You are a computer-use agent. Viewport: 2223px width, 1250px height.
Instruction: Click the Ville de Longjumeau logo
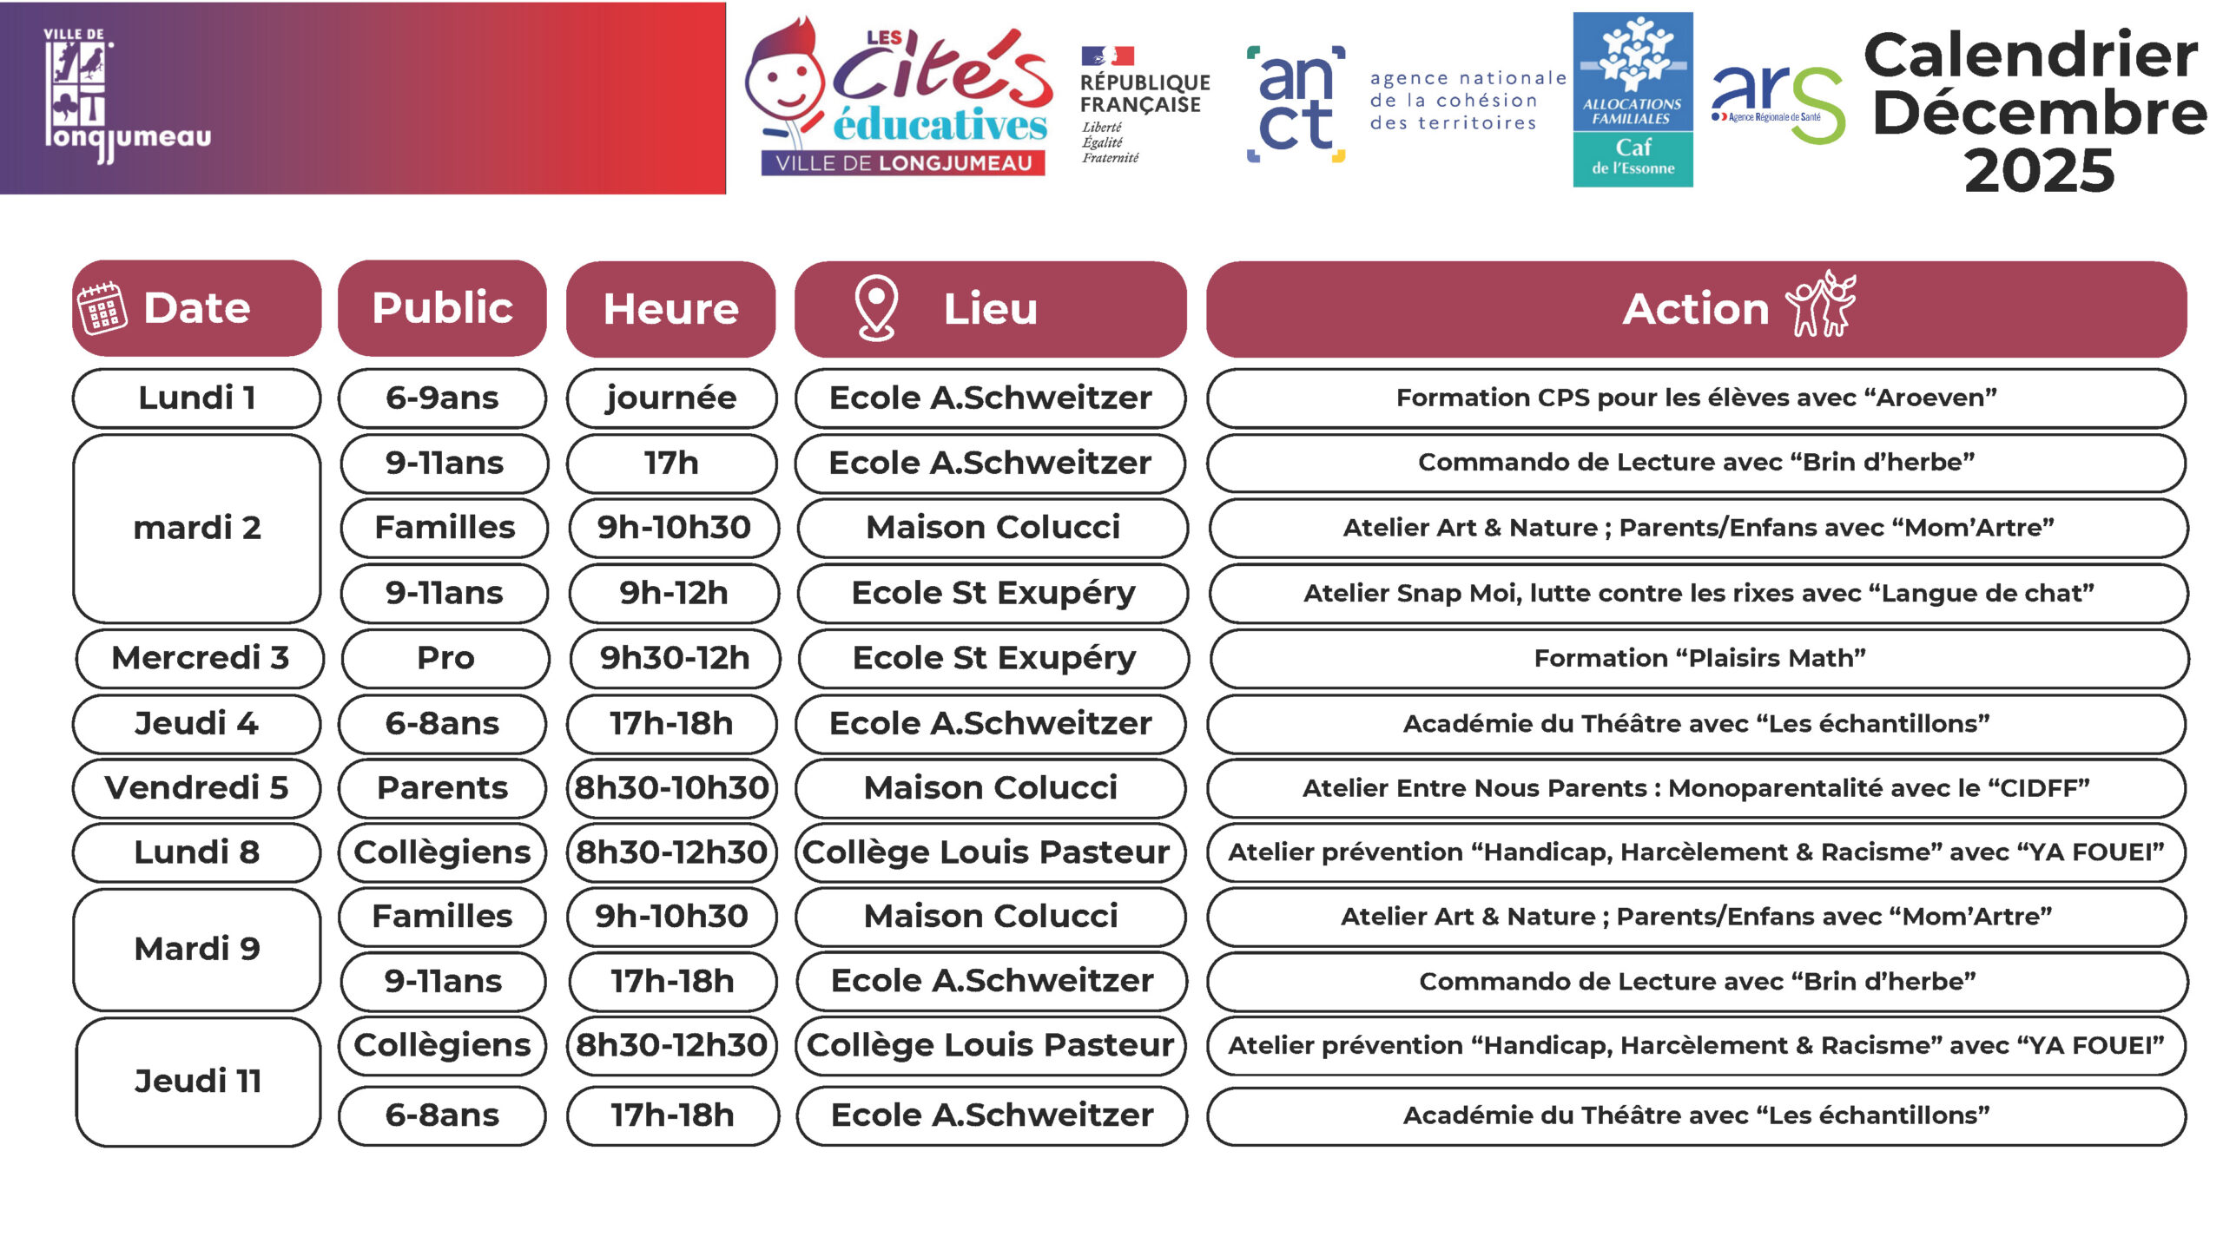pyautogui.click(x=127, y=95)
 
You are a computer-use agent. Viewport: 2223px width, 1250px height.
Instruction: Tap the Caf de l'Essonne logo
pyautogui.click(x=1633, y=100)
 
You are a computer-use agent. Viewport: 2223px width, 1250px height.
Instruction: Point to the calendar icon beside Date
pyautogui.click(x=102, y=308)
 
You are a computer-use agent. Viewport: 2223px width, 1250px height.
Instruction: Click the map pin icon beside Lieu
pyautogui.click(x=876, y=308)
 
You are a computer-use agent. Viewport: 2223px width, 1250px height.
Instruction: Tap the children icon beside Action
pyautogui.click(x=1821, y=304)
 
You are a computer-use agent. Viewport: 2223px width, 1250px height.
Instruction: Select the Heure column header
pyautogui.click(x=670, y=309)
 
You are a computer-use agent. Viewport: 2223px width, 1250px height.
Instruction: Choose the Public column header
pyautogui.click(x=442, y=308)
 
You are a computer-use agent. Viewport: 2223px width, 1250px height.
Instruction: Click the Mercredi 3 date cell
pyautogui.click(x=200, y=658)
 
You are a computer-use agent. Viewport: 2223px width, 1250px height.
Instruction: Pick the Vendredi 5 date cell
pyautogui.click(x=196, y=788)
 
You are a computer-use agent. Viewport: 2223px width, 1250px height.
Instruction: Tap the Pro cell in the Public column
pyautogui.click(x=445, y=658)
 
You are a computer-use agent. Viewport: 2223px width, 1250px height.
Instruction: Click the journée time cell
pyautogui.click(x=671, y=398)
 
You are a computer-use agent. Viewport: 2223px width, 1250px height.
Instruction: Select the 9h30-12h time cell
pyautogui.click(x=675, y=658)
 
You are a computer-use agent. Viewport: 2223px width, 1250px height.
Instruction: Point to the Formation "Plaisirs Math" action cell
pyautogui.click(x=1699, y=658)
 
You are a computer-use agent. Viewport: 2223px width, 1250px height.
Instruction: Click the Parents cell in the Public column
pyautogui.click(x=442, y=788)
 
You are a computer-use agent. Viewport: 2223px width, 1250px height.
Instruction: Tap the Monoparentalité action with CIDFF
pyautogui.click(x=1696, y=788)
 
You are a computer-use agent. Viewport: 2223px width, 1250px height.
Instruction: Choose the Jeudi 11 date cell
pyautogui.click(x=198, y=1082)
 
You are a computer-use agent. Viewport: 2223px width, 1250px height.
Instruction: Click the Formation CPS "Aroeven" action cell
pyautogui.click(x=1696, y=398)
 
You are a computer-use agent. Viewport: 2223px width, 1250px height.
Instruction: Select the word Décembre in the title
pyautogui.click(x=2039, y=113)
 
